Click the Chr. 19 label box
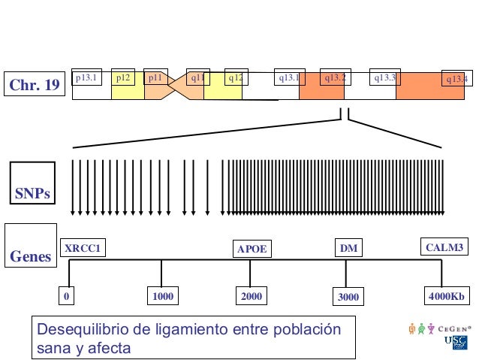point(34,86)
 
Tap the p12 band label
point(123,77)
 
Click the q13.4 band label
point(456,79)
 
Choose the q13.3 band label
point(384,77)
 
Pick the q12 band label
point(237,77)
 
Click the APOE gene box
point(252,249)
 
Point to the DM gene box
point(348,248)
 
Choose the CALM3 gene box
point(444,247)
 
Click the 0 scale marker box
point(67,297)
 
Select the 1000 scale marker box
point(162,297)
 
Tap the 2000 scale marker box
point(252,297)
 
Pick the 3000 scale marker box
point(348,298)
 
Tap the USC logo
point(456,343)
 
